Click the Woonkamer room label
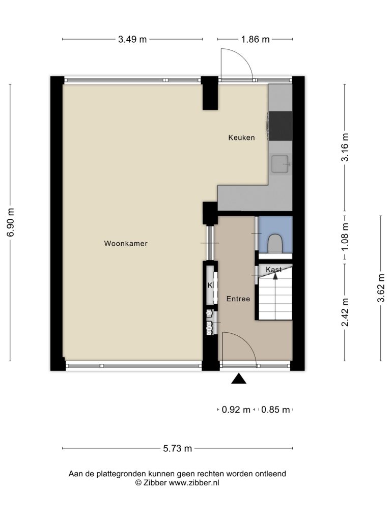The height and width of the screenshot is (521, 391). [x=126, y=244]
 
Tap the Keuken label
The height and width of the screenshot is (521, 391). [x=241, y=137]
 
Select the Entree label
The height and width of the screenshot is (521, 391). [x=238, y=299]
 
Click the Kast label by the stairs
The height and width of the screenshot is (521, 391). [x=273, y=269]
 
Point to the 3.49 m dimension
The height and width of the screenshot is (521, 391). [x=132, y=39]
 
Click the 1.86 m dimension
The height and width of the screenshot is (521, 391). [x=256, y=39]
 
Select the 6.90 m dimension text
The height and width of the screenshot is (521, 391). [x=11, y=222]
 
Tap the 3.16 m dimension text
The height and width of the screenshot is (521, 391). [x=345, y=147]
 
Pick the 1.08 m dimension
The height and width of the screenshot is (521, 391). [x=345, y=237]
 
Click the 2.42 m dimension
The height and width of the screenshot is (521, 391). [x=345, y=312]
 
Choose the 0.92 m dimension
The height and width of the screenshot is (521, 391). [x=236, y=410]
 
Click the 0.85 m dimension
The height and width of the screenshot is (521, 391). [x=275, y=410]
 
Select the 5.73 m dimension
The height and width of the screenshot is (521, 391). [x=178, y=449]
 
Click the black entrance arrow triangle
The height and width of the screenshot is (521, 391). [x=239, y=379]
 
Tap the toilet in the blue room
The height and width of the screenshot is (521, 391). [x=275, y=243]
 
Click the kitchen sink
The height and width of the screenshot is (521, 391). [x=280, y=164]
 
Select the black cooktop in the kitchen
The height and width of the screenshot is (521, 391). [x=281, y=126]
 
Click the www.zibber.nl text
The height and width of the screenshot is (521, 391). [x=194, y=483]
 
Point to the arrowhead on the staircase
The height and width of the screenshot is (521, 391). [x=275, y=276]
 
